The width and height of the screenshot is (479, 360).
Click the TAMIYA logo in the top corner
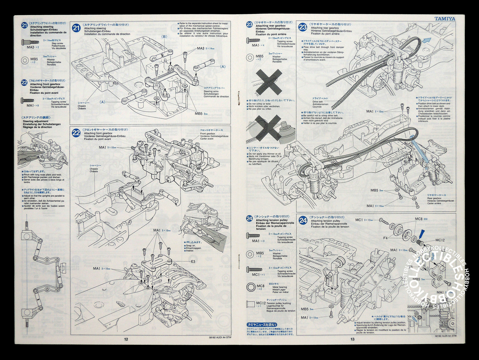tap(445, 19)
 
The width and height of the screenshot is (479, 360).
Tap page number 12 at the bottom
tap(126, 339)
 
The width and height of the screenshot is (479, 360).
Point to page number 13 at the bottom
tap(352, 339)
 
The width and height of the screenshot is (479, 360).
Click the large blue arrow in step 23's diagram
tap(427, 41)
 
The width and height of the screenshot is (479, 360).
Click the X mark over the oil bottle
tap(269, 127)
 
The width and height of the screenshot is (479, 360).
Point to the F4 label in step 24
tap(386, 238)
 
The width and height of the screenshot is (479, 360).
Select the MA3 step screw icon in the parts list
tap(29, 42)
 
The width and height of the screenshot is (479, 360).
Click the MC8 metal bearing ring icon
tap(251, 287)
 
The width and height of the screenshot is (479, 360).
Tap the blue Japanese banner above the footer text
tap(262, 324)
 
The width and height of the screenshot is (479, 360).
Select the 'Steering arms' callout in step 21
tap(211, 91)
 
